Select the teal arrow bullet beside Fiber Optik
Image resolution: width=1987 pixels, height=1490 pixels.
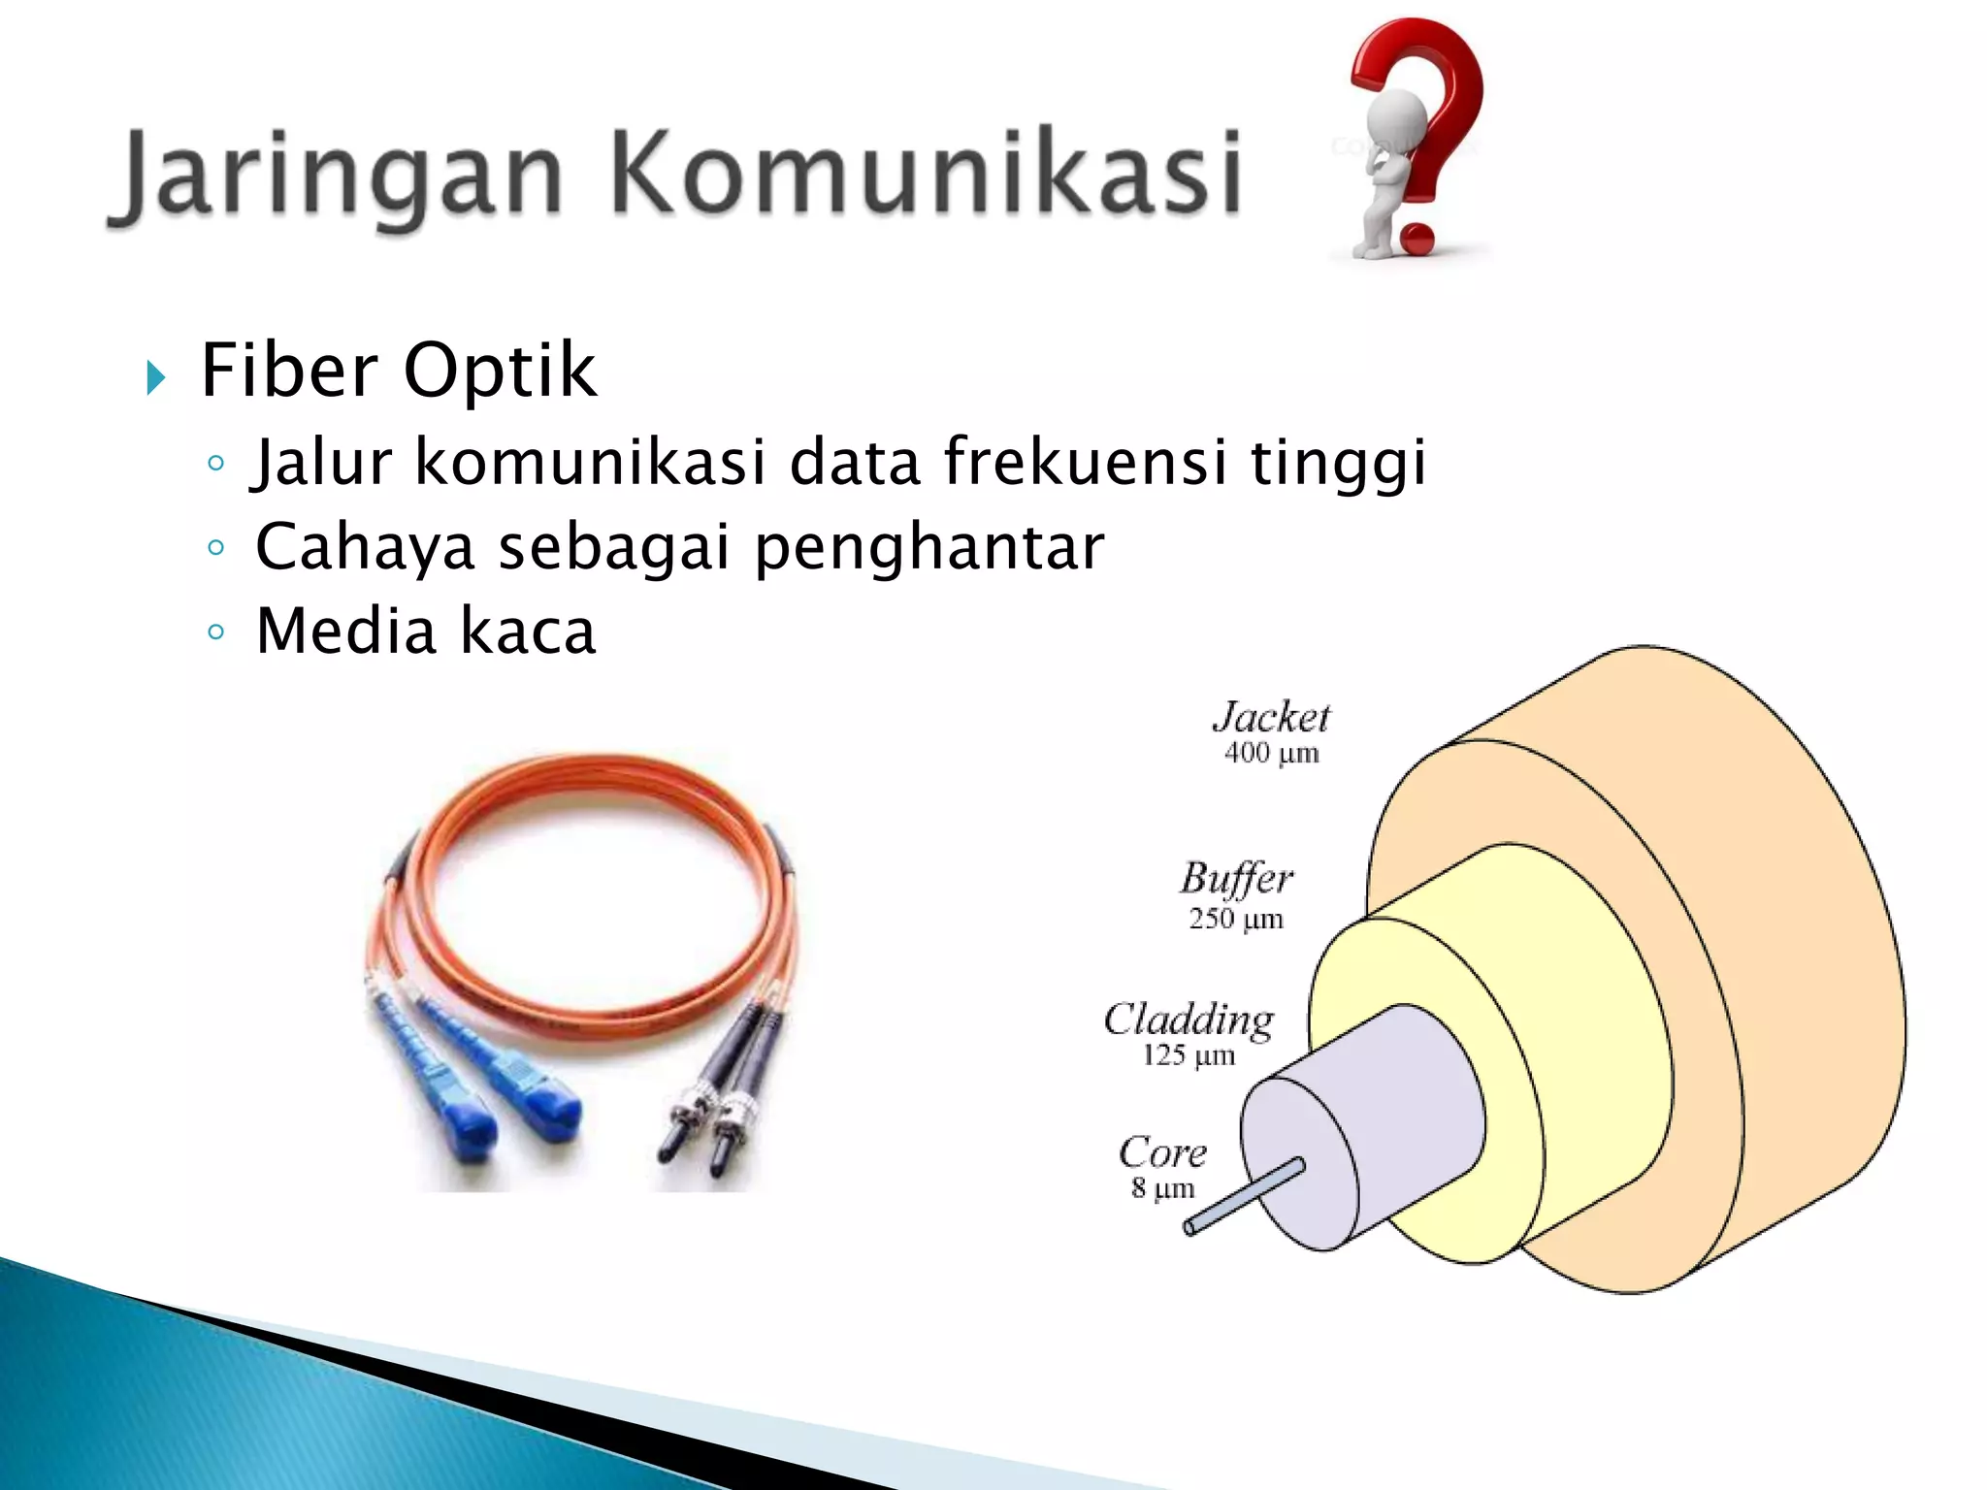(x=156, y=376)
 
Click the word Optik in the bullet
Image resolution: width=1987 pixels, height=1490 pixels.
(x=499, y=372)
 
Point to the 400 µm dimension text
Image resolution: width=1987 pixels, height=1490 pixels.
(x=1271, y=753)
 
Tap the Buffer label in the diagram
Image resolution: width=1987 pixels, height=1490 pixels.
(x=1236, y=879)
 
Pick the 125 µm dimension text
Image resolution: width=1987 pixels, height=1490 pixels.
(x=1189, y=1055)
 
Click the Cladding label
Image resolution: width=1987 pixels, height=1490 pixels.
(x=1189, y=1020)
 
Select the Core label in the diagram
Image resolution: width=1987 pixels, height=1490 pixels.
(x=1162, y=1152)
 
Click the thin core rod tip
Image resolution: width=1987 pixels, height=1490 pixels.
(x=1190, y=1228)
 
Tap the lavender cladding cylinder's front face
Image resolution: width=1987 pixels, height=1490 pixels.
(x=1300, y=1164)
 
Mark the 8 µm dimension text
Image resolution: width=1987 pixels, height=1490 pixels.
(x=1162, y=1188)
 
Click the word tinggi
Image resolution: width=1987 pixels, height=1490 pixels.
(x=1338, y=462)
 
